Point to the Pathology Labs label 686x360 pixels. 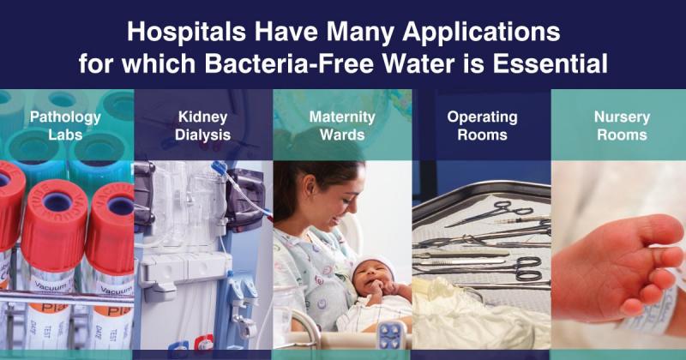coord(65,125)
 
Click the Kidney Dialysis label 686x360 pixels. coord(203,125)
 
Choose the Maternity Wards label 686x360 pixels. coord(342,125)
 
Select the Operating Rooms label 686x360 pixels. coord(482,125)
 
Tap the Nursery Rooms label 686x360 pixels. coord(621,125)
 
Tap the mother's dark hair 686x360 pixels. coord(300,184)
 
